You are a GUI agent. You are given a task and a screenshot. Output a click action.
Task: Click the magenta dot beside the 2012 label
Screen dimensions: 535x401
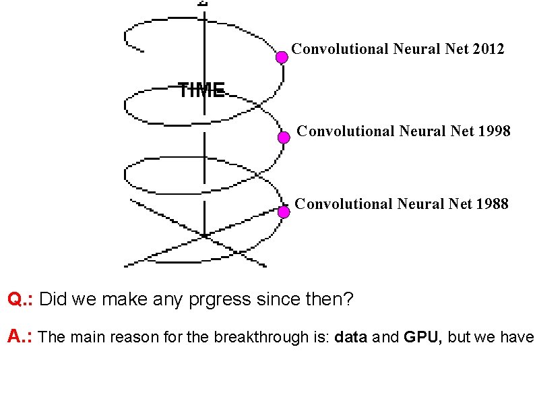(x=282, y=57)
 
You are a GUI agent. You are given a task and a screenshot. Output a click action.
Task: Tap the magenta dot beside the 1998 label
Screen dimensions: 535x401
(x=284, y=137)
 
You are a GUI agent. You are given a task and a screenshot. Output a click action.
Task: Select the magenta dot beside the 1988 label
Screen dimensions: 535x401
(x=284, y=212)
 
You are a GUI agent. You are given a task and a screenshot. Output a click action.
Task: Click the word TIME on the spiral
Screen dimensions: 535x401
(x=201, y=90)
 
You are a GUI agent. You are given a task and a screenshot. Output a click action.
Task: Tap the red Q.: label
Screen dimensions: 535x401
(x=21, y=299)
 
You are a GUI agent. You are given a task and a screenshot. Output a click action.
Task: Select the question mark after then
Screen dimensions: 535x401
(x=347, y=299)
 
